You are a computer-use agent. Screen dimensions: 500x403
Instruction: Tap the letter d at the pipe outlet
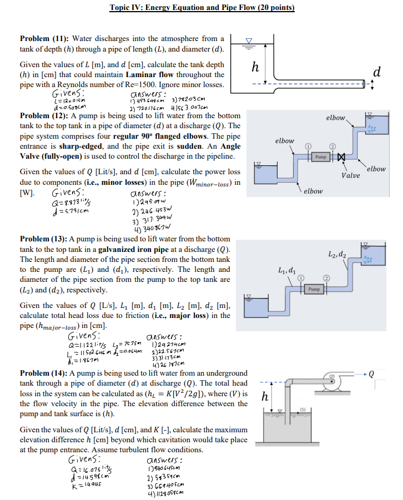(377, 72)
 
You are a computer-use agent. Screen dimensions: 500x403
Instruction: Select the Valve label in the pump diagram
(350, 176)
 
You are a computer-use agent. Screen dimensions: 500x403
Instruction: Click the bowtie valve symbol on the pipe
(341, 158)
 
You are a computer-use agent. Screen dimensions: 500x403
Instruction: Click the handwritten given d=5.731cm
(70, 210)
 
